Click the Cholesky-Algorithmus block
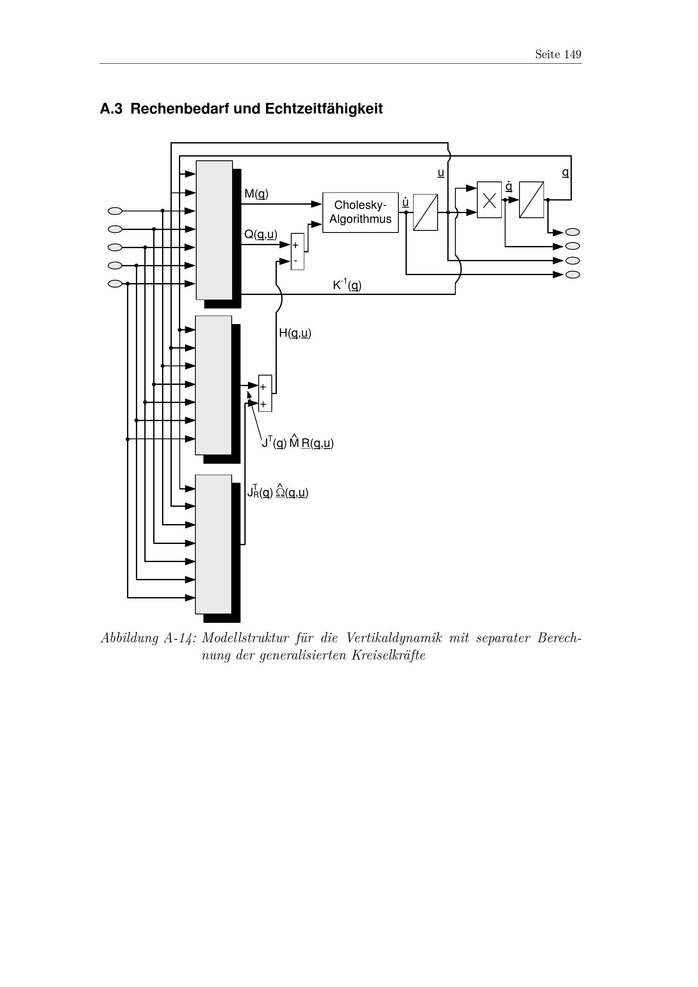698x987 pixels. [x=360, y=212]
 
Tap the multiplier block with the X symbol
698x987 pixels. [x=489, y=200]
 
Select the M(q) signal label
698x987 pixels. [x=256, y=194]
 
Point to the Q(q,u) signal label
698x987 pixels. [x=260, y=234]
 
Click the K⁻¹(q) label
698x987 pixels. [x=347, y=284]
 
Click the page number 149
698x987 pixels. [x=573, y=54]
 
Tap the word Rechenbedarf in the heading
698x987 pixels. [x=180, y=109]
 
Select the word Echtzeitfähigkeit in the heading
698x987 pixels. [x=323, y=109]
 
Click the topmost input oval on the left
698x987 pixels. [x=115, y=211]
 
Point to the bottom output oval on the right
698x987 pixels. [x=573, y=275]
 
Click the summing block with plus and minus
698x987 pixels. [x=298, y=251]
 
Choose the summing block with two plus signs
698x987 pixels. [x=265, y=393]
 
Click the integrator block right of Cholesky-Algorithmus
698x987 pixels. [x=425, y=212]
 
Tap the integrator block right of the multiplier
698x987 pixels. [x=531, y=200]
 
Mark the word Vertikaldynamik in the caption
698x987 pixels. [x=394, y=638]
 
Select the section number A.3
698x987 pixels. [x=111, y=109]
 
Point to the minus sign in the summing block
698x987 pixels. [x=295, y=260]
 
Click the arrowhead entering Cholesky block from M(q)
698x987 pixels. [x=317, y=204]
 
